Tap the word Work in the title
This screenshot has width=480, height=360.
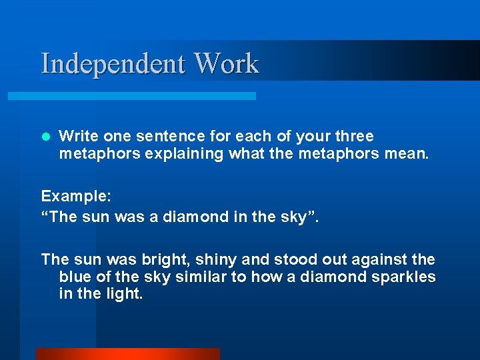point(226,64)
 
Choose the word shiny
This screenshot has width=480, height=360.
point(213,259)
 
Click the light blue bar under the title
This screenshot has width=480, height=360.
point(131,96)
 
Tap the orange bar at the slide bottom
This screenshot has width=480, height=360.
point(127,354)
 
